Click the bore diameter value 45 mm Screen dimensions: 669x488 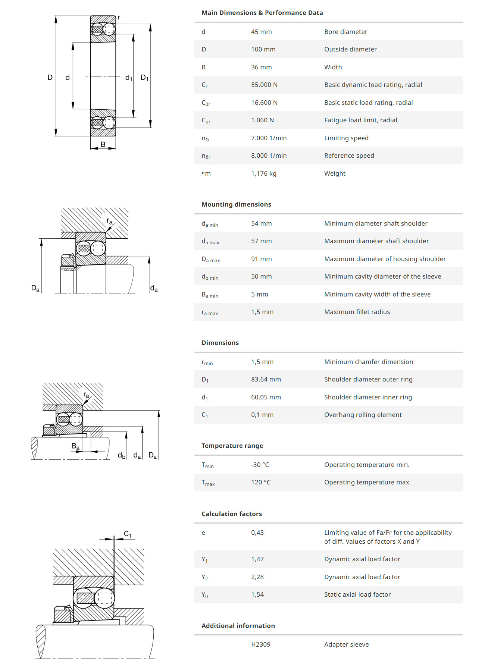coord(261,32)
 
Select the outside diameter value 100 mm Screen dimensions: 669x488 coord(263,49)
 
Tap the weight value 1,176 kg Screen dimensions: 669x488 coord(263,173)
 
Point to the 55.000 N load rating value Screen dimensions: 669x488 coord(264,85)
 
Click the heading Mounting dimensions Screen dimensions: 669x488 coord(236,204)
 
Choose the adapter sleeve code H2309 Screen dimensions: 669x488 coord(260,644)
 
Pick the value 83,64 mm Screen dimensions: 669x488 coord(266,379)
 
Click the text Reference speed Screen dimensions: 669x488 coord(349,156)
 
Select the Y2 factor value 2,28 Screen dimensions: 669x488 coord(257,577)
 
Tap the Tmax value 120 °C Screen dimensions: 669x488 coord(260,482)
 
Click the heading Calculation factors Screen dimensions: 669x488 coord(231,514)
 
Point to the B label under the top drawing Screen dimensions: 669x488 coord(103,144)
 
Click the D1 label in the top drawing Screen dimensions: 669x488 coord(144,78)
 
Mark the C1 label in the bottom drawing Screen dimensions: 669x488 coord(128,534)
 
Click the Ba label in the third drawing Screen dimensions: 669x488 coord(75,446)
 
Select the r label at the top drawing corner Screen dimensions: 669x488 coord(119,17)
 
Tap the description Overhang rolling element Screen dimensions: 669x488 coord(363,415)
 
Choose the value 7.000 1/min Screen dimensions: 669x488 coord(269,138)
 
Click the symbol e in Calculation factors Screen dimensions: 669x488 coord(203,533)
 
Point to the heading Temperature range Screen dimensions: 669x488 coord(232,446)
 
